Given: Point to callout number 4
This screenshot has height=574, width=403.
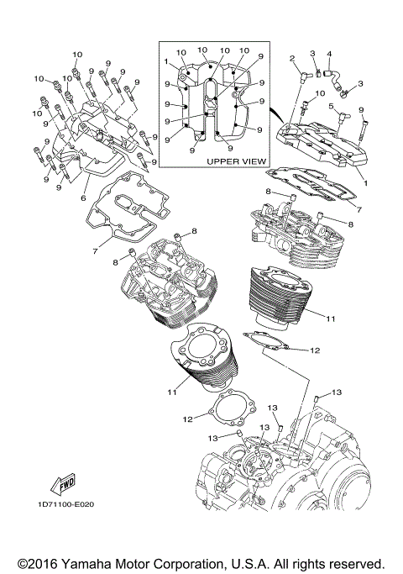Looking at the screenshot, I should [329, 55].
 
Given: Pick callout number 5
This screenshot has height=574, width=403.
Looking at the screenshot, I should [331, 106].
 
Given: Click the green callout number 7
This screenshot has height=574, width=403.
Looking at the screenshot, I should [357, 207].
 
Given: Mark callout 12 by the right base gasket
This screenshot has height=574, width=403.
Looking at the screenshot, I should [315, 350].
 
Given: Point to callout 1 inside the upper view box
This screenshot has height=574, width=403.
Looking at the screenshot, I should [167, 61].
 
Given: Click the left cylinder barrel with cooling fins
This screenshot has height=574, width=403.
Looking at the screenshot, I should [207, 357].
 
